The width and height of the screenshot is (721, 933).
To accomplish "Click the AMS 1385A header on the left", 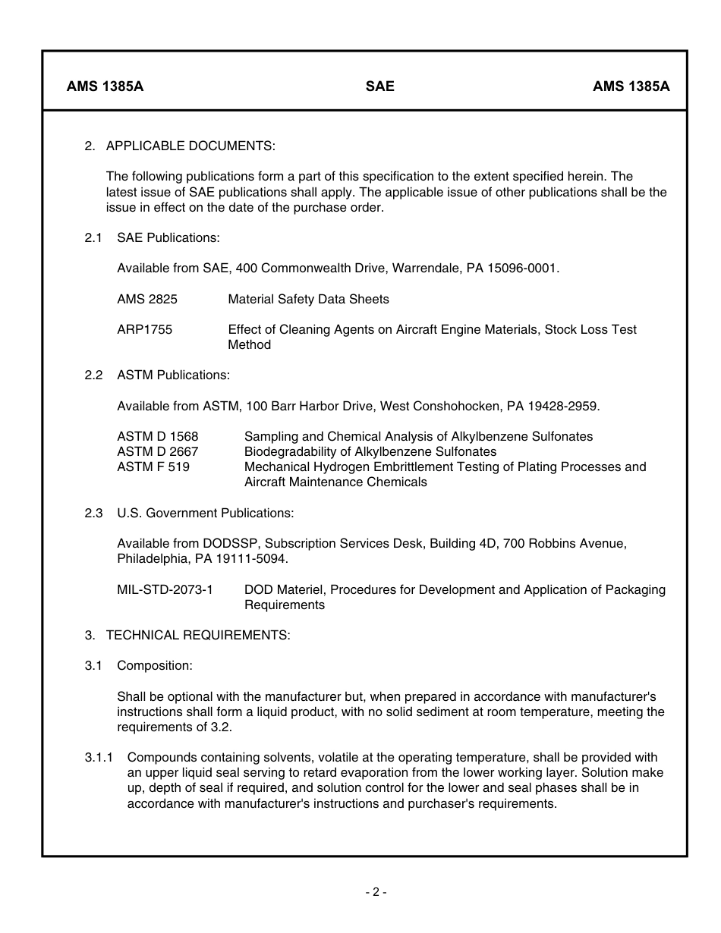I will coord(105,86).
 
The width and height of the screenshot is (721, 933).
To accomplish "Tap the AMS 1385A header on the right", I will coord(631,86).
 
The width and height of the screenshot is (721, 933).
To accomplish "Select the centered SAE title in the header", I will coord(379,86).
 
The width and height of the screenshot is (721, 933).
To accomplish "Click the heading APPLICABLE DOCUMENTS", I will coord(190,146).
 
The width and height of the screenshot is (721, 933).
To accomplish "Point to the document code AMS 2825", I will coord(147,299).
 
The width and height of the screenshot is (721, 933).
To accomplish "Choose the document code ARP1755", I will coord(145,329).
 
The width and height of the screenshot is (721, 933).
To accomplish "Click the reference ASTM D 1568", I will coord(157,436).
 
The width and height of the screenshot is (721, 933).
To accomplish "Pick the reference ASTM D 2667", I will coord(157,451).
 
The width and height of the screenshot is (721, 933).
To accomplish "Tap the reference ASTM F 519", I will coord(153,466).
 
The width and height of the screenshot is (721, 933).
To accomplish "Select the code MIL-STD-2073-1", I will coord(165,589).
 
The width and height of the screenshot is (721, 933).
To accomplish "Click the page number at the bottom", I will coord(375,892).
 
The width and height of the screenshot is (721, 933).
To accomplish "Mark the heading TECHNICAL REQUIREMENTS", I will coord(198,635).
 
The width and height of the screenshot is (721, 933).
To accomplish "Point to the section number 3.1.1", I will coord(99,757).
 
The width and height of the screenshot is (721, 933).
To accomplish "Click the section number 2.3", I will coord(93,513).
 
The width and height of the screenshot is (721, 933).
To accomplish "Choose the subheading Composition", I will coord(155,665).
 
